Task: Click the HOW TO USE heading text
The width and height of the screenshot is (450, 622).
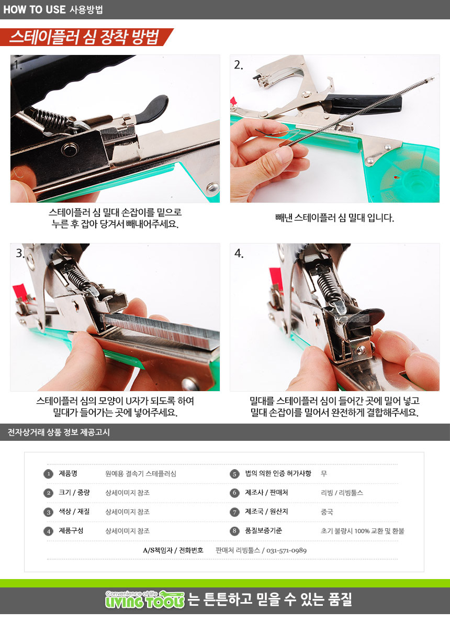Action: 35,9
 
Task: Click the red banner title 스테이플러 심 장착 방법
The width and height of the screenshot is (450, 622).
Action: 84,37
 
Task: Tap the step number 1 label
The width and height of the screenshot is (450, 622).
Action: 16,64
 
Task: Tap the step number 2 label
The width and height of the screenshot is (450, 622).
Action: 238,64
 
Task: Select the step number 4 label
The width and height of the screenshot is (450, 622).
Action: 239,253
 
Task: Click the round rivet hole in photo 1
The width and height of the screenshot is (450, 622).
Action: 70,150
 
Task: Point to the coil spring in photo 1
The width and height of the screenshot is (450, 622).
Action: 51,117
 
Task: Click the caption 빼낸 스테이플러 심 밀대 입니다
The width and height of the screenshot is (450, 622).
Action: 335,218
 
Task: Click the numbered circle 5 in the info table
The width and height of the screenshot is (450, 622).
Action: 234,474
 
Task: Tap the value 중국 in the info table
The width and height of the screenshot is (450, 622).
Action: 327,512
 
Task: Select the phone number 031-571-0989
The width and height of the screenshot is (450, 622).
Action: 286,551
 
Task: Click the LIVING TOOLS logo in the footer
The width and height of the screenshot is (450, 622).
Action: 145,599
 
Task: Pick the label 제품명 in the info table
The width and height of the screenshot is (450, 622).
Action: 68,474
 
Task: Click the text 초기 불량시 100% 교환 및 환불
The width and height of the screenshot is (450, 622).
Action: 363,531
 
